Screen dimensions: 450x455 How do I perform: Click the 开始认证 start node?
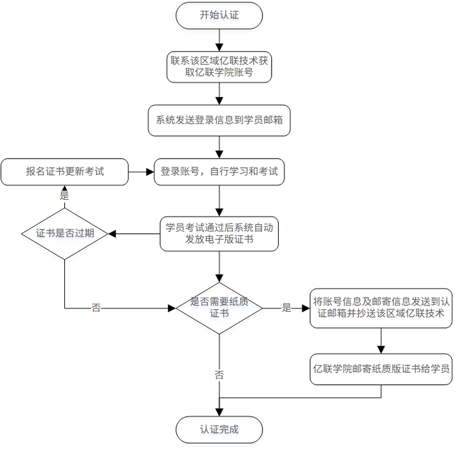click(219, 15)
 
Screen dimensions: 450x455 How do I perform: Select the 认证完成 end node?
click(219, 429)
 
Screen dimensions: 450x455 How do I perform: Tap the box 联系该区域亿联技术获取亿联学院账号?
click(219, 67)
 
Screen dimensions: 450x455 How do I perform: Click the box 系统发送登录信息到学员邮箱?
click(219, 120)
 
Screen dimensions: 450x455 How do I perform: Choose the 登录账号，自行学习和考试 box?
click(219, 172)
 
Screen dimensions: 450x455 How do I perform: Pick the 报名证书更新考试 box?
click(64, 172)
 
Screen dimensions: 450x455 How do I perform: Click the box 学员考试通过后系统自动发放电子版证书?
click(219, 233)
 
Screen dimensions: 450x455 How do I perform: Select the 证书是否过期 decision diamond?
click(64, 233)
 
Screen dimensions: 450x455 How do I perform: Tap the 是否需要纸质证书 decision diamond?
click(219, 308)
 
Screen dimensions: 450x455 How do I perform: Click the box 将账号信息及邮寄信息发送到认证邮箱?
click(382, 308)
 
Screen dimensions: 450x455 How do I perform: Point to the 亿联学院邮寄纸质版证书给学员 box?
click(382, 369)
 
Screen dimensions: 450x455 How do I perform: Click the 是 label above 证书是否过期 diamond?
click(64, 195)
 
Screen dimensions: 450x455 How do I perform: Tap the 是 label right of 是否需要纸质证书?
click(287, 308)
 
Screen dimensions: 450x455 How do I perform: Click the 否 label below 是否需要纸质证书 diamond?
click(219, 375)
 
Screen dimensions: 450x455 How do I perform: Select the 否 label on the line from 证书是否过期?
click(96, 308)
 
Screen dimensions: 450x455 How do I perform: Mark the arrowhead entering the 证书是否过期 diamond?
click(113, 233)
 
